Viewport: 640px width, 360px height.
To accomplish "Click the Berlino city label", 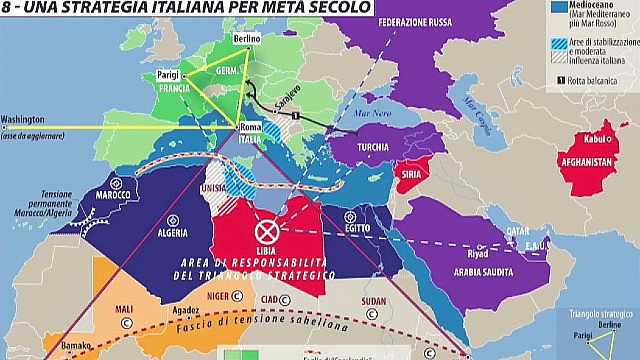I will point(247,38).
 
